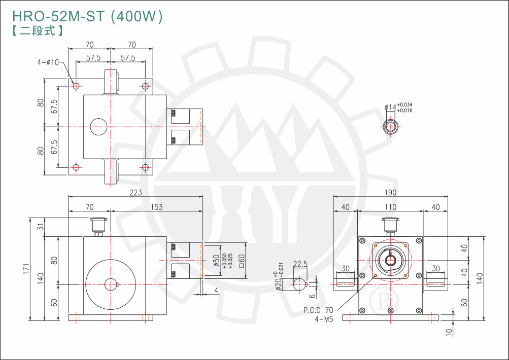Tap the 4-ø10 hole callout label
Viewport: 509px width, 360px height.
(48, 62)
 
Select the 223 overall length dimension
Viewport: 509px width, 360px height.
(135, 192)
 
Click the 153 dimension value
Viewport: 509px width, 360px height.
(156, 206)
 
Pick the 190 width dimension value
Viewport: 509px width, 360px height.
(390, 192)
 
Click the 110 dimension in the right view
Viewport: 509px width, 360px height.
(390, 206)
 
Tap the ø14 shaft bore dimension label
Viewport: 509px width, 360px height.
(391, 107)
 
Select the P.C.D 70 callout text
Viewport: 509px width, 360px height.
(319, 310)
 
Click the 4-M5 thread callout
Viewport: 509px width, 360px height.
(323, 319)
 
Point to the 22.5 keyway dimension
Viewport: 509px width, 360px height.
(300, 264)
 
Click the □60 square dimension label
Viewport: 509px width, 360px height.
(242, 261)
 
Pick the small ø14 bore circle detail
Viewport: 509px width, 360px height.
(390, 126)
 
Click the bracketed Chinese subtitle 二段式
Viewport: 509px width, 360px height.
(37, 30)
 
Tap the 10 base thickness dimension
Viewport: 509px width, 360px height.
(448, 332)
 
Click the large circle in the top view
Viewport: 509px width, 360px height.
(99, 127)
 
